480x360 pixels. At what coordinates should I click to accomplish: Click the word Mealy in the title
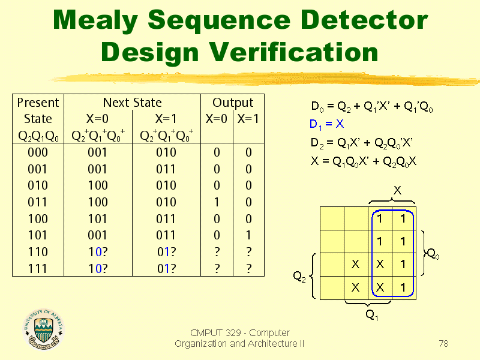(95, 21)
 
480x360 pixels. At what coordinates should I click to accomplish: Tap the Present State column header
(38, 110)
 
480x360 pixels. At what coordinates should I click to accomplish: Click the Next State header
(132, 103)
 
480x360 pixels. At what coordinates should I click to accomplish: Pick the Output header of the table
(233, 103)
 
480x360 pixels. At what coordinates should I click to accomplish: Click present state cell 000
(38, 152)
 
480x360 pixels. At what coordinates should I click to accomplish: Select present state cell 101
(38, 235)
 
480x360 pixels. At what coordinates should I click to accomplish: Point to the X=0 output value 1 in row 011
(217, 202)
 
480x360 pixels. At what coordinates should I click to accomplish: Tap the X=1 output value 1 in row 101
(248, 235)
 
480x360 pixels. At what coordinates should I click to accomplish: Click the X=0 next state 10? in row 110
(98, 252)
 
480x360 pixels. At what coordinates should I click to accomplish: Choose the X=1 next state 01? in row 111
(166, 269)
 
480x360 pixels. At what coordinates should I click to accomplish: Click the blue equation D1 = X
(326, 124)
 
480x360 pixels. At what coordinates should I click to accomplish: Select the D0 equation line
(371, 107)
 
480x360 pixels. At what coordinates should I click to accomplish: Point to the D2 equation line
(362, 143)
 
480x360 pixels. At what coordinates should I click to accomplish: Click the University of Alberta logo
(44, 329)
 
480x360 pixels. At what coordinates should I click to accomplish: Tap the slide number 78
(443, 343)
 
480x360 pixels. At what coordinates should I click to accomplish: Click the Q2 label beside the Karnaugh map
(299, 277)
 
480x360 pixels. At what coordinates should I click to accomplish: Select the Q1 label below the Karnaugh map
(372, 315)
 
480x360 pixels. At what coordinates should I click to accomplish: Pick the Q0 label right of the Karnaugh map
(433, 254)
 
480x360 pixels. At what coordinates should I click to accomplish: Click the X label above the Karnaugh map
(397, 191)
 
